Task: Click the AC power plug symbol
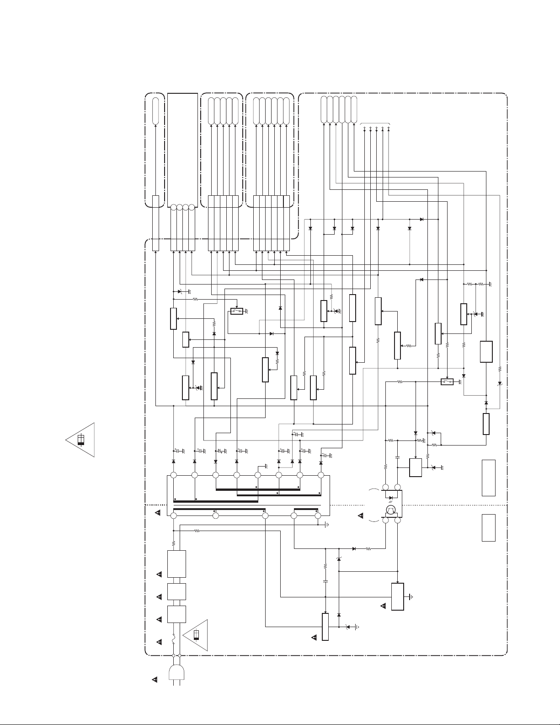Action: point(176,673)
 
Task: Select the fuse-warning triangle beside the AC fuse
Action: point(196,635)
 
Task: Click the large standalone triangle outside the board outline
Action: point(81,440)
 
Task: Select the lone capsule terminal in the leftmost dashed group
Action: point(155,110)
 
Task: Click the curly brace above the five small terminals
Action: point(376,124)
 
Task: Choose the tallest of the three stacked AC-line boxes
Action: point(177,564)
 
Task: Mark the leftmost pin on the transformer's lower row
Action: point(174,516)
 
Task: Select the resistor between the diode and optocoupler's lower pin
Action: point(368,548)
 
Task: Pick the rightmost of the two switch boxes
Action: point(447,381)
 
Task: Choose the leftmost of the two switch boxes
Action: point(236,311)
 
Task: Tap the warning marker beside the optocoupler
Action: point(360,516)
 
